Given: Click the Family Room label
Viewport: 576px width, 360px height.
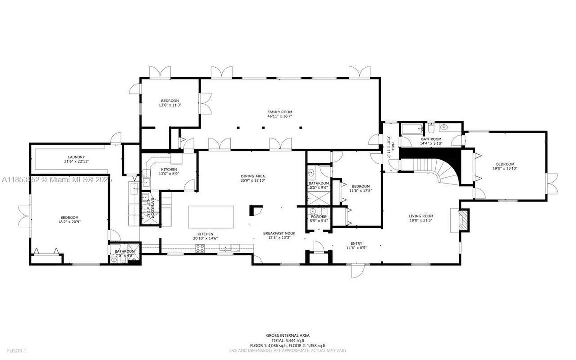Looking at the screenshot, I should [x=279, y=112].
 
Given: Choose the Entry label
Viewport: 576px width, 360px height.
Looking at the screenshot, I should [x=356, y=244].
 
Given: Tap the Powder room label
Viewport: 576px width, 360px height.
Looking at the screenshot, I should [x=318, y=216].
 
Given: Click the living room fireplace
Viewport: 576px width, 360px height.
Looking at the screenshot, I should [x=463, y=220].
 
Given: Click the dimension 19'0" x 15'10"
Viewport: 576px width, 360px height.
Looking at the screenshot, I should [x=505, y=168].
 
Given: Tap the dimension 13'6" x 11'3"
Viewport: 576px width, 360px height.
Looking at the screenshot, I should [x=169, y=105].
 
